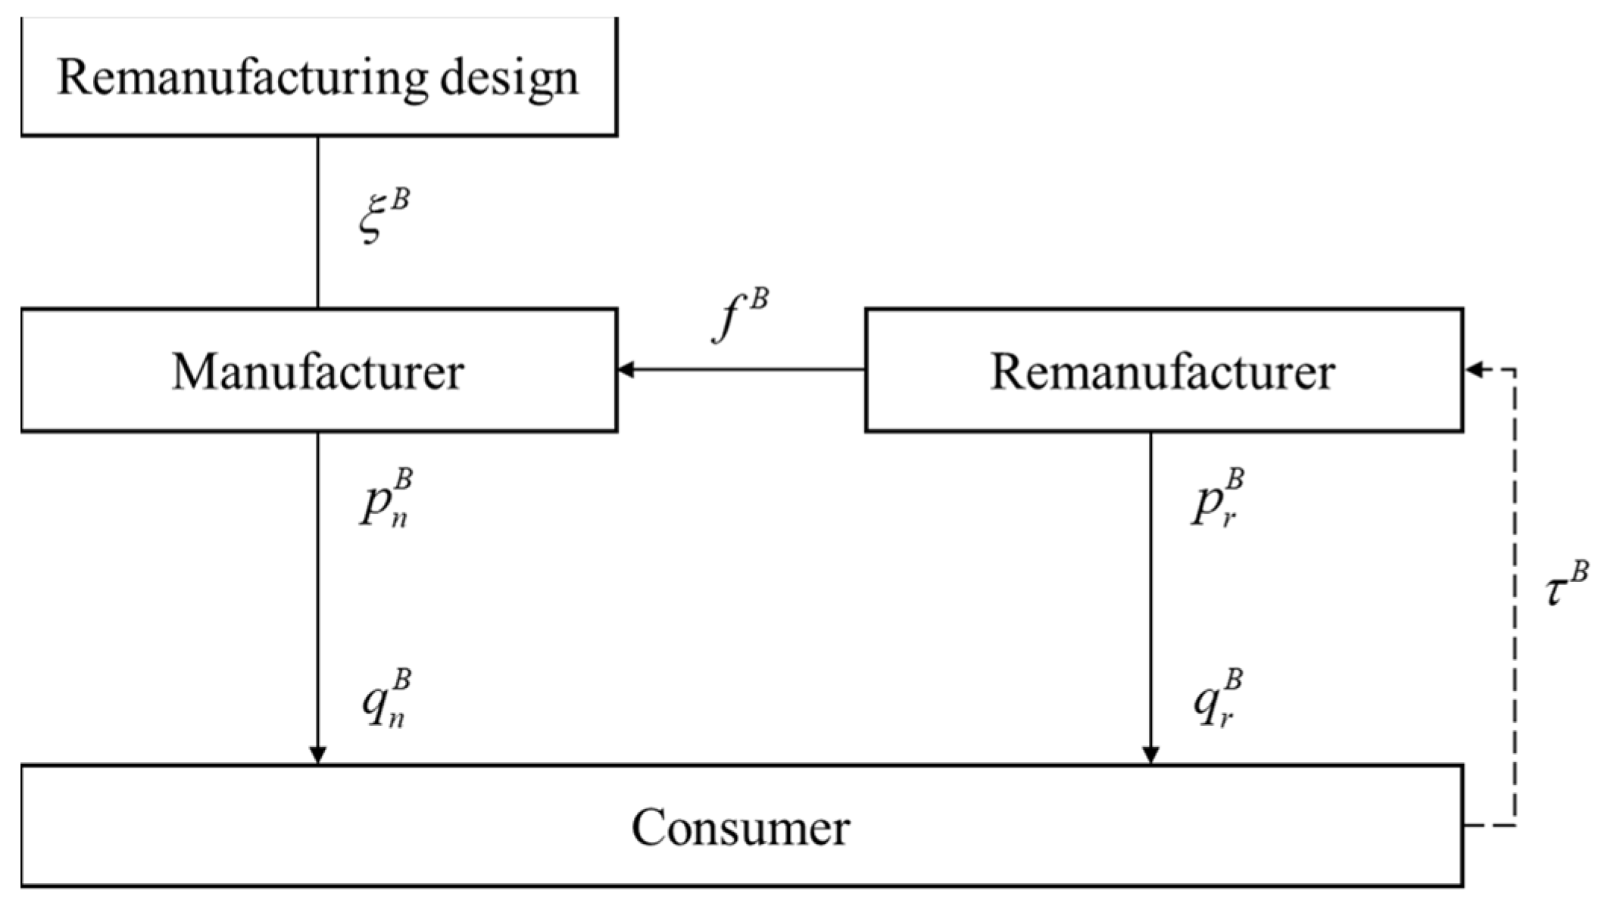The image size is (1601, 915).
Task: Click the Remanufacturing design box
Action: [x=318, y=77]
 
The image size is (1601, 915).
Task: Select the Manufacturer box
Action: [x=318, y=370]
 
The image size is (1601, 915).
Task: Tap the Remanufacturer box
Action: [x=1163, y=370]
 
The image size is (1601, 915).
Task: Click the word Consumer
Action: [x=741, y=826]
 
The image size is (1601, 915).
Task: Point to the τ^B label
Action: [x=1565, y=585]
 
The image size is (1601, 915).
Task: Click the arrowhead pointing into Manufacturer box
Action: [x=626, y=370]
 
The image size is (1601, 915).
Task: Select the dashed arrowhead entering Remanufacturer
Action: [x=1474, y=370]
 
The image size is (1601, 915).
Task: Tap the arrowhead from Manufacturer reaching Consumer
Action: [x=318, y=755]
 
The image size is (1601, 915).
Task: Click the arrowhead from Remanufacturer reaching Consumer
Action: [x=1150, y=755]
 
